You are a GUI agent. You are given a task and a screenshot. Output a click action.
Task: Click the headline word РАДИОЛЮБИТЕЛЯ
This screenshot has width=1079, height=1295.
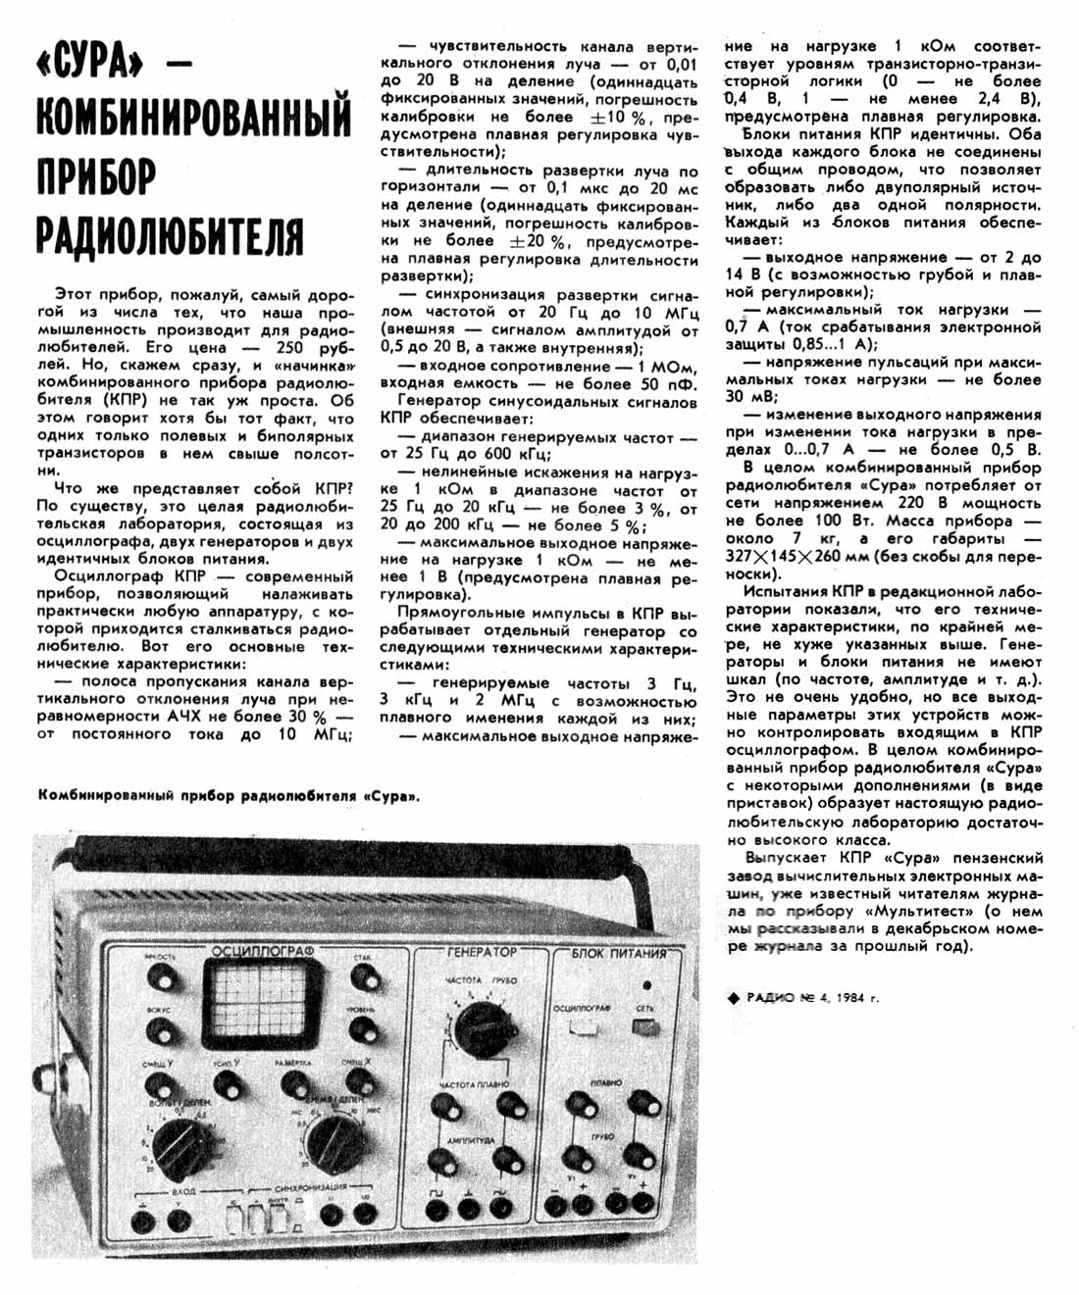point(170,235)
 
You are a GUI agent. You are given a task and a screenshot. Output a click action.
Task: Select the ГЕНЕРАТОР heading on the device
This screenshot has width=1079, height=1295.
point(481,952)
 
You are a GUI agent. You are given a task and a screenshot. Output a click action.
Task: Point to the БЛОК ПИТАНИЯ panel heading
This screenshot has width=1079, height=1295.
point(618,953)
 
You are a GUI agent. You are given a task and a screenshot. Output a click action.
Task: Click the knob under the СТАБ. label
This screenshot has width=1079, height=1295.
point(363,977)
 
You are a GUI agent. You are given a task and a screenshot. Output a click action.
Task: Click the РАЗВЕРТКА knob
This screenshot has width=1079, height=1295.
point(294,1082)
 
